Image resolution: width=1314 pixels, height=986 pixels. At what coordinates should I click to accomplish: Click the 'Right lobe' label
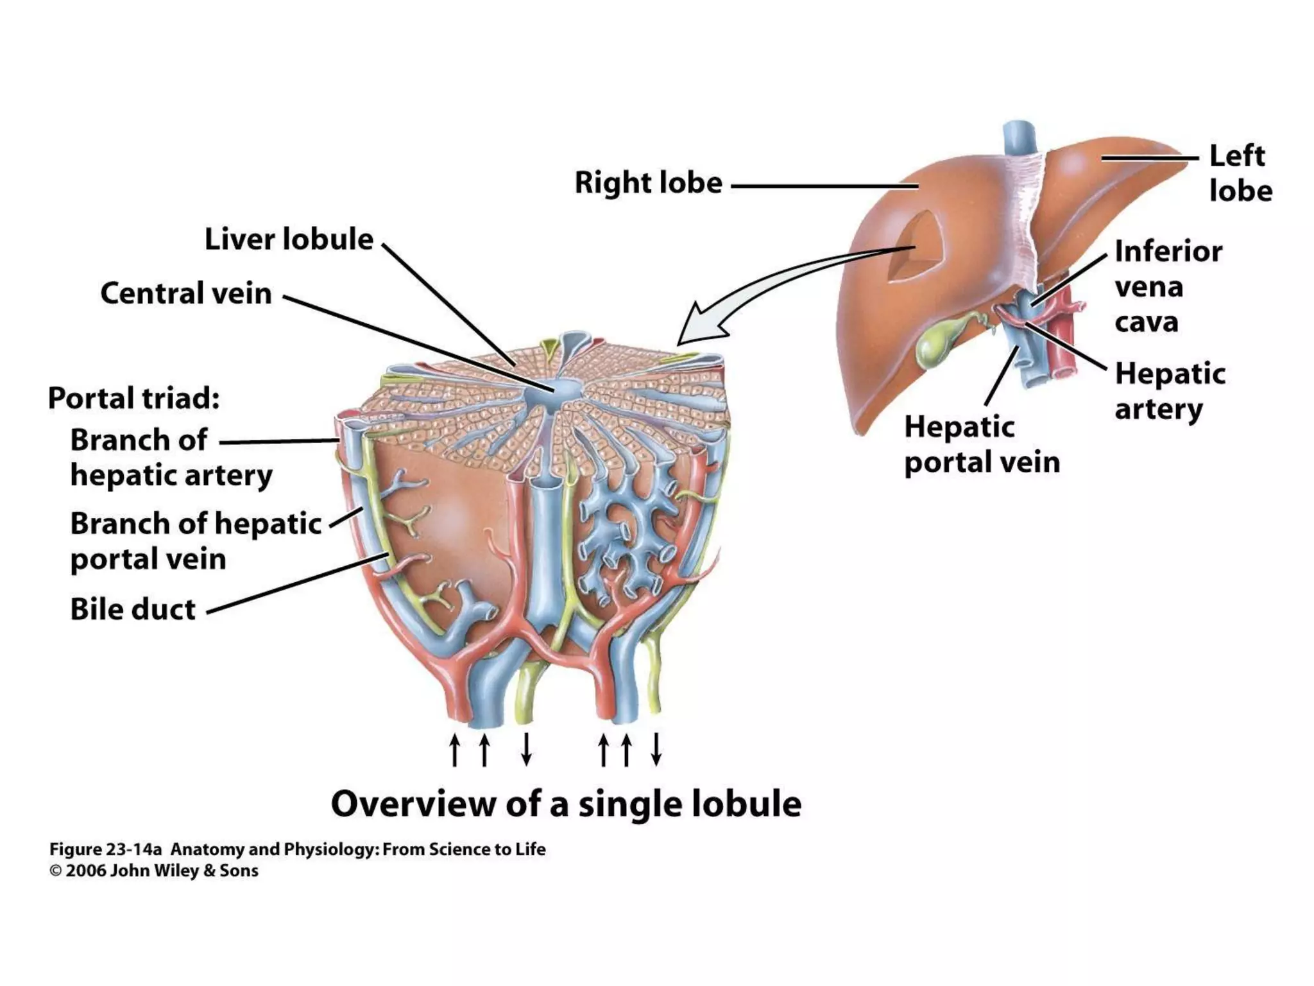pos(648,183)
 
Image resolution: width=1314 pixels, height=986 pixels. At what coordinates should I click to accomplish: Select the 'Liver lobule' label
pos(289,239)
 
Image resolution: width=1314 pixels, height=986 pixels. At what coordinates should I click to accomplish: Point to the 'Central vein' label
pos(186,293)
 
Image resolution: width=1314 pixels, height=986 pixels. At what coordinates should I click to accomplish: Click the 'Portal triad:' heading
pos(133,398)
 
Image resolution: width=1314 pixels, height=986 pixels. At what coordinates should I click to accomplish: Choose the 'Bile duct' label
pos(133,609)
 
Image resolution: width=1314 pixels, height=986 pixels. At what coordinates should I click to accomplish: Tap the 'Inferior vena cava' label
pos(1168,286)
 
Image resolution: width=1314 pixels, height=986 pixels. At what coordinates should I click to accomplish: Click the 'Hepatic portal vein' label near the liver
pos(982,444)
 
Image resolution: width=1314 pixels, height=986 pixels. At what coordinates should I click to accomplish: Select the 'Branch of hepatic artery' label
pos(171,458)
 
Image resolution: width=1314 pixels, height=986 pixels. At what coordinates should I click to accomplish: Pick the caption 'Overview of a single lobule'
pos(566,804)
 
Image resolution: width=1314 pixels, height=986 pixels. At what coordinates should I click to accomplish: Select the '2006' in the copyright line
pos(85,871)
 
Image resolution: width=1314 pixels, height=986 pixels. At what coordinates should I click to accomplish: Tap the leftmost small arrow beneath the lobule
pos(455,750)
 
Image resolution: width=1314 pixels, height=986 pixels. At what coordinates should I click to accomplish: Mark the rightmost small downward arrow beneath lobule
pos(656,750)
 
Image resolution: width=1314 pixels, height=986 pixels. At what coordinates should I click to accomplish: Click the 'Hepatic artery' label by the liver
pos(1170,391)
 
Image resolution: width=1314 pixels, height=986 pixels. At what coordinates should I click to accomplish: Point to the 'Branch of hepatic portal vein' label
pos(196,541)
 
